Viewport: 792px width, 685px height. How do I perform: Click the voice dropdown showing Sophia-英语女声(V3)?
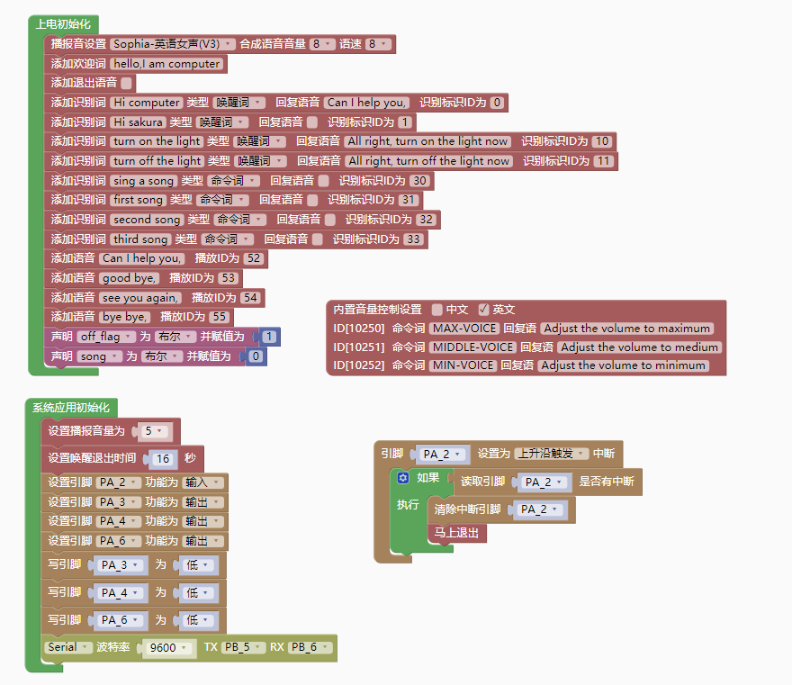[x=173, y=44]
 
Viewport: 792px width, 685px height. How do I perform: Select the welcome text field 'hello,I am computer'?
[x=166, y=64]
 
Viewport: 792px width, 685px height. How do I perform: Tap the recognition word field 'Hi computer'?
[x=147, y=103]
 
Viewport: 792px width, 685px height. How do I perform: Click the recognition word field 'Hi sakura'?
[x=139, y=122]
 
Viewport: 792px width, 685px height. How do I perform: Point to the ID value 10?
[x=602, y=141]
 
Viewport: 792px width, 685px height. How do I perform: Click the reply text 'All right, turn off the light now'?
[x=428, y=161]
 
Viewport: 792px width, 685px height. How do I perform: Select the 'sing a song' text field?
[x=143, y=181]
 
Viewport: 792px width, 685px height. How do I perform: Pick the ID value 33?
[x=413, y=239]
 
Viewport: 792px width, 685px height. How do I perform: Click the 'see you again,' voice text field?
[x=140, y=298]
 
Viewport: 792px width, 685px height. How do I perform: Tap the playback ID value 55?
[x=219, y=317]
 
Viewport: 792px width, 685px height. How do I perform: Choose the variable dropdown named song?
[x=99, y=356]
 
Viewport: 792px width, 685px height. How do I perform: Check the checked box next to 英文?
[x=483, y=309]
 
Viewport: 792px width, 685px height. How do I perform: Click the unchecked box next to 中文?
[x=436, y=309]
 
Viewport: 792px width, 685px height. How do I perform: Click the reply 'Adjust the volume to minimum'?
[x=623, y=365]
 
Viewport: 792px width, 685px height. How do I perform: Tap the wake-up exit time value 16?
[x=163, y=458]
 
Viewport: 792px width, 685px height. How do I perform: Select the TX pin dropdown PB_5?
[x=243, y=648]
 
